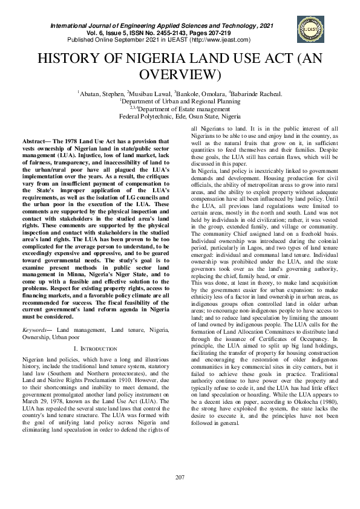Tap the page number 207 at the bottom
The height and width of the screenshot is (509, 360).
180,478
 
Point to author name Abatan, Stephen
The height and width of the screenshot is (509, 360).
100,94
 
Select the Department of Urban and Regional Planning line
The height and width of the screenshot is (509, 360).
180,102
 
